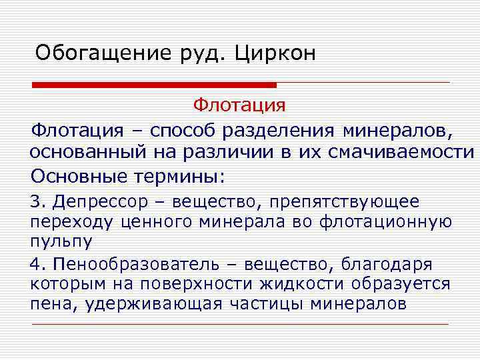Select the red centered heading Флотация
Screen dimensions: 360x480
(239, 105)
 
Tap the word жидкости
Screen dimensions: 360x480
(299, 285)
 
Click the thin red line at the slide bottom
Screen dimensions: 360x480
(240, 324)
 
